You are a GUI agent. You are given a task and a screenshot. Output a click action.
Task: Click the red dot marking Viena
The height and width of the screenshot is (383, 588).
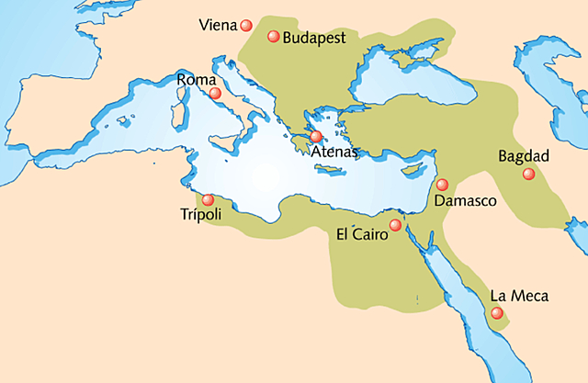[x=246, y=25]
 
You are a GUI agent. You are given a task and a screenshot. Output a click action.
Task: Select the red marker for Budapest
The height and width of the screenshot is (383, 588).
[x=273, y=37]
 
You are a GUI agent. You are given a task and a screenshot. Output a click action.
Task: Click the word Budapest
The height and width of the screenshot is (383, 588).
[x=313, y=39]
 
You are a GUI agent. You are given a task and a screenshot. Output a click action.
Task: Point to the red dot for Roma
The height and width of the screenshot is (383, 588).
[x=215, y=93]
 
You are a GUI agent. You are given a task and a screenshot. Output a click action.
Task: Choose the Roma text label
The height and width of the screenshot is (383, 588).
[x=196, y=81]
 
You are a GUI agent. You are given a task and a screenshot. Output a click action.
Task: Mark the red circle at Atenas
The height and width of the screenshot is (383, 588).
[x=316, y=136]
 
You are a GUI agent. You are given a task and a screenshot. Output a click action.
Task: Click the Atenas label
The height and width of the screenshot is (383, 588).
[x=333, y=152]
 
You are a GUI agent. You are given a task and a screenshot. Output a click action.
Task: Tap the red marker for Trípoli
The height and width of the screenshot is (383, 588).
[x=209, y=199]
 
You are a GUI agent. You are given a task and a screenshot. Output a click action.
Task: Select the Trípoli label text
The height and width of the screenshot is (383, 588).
[x=202, y=215]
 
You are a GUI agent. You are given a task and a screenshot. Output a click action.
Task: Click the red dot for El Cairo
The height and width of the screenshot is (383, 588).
[x=395, y=225]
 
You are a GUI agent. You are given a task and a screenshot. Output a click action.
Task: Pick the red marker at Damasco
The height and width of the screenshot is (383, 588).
[x=442, y=185]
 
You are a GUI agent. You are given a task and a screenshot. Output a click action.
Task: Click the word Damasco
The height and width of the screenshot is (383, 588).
[x=465, y=200]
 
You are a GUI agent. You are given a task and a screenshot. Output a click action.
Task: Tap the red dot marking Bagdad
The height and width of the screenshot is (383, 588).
[x=527, y=174]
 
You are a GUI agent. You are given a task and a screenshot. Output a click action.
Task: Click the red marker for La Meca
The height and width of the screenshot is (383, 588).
[x=497, y=313]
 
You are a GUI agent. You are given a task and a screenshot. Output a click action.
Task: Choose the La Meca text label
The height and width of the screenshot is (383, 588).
[x=519, y=296]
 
